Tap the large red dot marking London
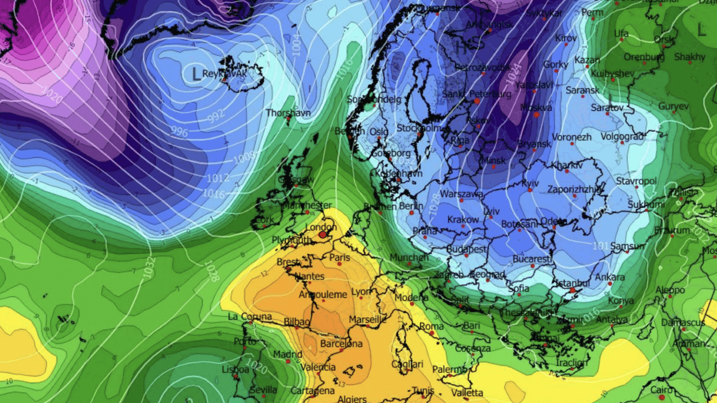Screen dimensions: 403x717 coord(323,234)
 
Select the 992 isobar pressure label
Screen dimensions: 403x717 coord(217,115)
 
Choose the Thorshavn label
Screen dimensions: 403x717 coord(288,113)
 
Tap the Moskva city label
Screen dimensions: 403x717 coord(536,108)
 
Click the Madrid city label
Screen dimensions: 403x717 coord(287,354)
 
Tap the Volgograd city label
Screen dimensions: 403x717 coord(622,136)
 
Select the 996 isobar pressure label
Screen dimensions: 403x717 coord(180,132)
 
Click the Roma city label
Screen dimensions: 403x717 coord(431,326)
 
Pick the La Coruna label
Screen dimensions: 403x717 coord(249,317)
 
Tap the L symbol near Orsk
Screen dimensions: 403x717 coord(701,30)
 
